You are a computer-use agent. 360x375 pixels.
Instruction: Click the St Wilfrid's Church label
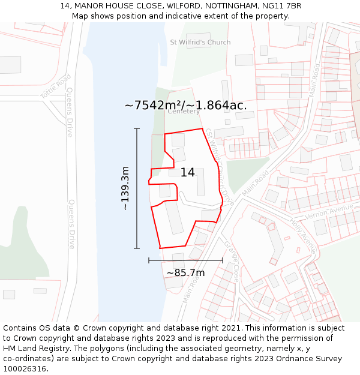200,43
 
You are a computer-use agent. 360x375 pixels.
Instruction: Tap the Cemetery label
184,111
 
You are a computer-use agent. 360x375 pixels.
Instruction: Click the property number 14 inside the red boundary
187,172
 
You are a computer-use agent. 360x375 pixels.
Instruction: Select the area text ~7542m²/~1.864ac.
185,105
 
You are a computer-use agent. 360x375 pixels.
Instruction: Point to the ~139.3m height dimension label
125,188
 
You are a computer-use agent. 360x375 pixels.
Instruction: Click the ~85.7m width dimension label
185,273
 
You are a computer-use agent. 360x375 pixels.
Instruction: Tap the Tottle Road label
56,86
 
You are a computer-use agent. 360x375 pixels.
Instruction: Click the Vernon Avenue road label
329,211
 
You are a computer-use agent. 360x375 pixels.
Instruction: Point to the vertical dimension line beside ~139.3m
137,188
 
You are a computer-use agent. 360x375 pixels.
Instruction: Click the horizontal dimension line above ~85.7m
185,260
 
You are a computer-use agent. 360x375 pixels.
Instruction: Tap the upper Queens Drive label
70,112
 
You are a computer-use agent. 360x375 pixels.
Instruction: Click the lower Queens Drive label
71,224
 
